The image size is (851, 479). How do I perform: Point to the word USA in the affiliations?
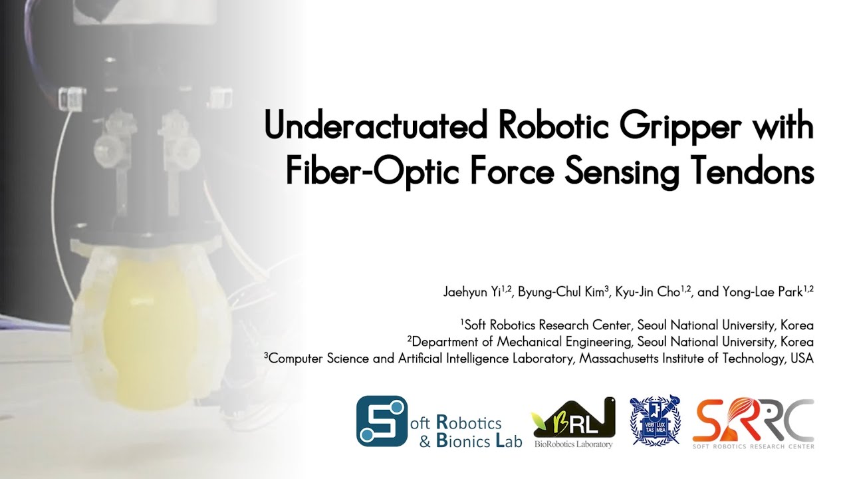[x=802, y=358]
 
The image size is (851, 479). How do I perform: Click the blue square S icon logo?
[x=382, y=421]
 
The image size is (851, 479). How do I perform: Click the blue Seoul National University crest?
[x=655, y=420]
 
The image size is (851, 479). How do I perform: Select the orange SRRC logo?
[x=753, y=419]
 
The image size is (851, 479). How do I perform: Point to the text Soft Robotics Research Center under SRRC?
[x=753, y=446]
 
